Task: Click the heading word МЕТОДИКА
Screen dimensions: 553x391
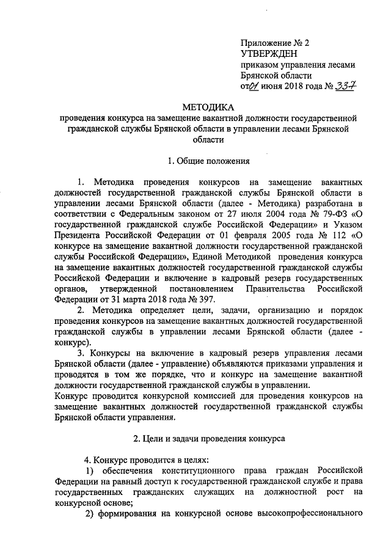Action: (x=209, y=107)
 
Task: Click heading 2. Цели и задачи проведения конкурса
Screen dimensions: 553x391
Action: (x=208, y=438)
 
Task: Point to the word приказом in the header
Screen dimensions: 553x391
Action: (x=259, y=65)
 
